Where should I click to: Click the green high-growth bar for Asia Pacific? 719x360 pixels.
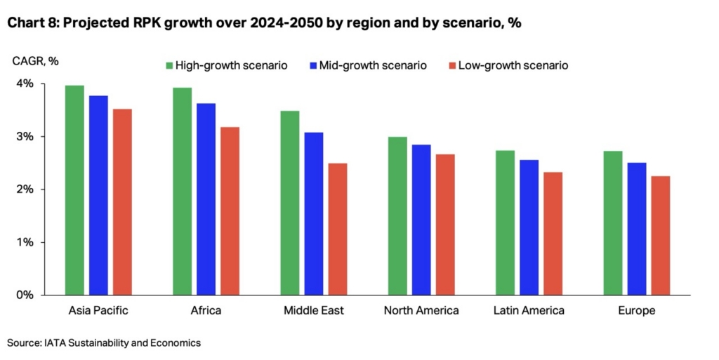click(74, 190)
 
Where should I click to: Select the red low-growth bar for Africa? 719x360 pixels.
click(230, 211)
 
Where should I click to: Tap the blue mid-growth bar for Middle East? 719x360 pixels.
click(314, 213)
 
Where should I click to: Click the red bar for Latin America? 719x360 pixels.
click(553, 233)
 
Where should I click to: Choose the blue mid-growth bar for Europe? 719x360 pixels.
click(637, 229)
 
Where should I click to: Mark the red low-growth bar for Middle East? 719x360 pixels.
click(338, 229)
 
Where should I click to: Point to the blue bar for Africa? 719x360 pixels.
click(206, 199)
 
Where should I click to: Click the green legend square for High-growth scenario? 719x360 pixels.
click(169, 65)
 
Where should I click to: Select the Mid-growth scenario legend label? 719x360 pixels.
click(373, 65)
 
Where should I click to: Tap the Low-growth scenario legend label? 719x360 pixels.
click(513, 65)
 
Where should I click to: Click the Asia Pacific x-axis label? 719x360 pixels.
click(98, 310)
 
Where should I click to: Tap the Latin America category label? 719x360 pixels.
click(529, 310)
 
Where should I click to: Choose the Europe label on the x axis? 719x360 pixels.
click(637, 310)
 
